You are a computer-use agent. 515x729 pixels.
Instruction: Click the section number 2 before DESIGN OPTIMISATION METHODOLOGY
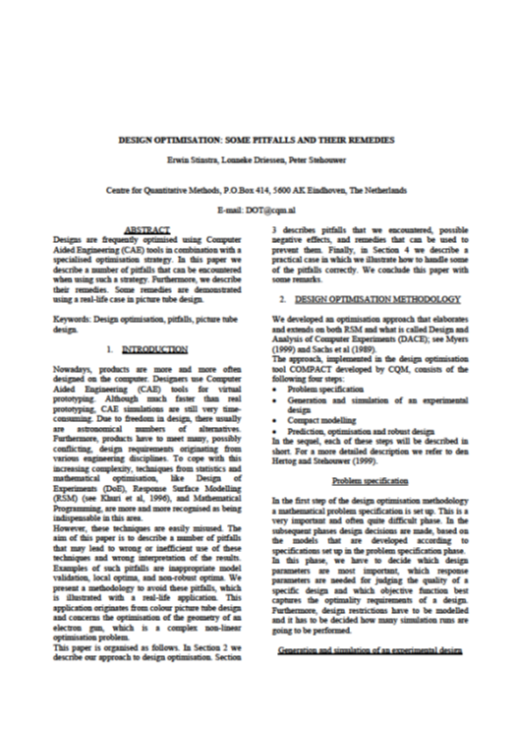(282, 297)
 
